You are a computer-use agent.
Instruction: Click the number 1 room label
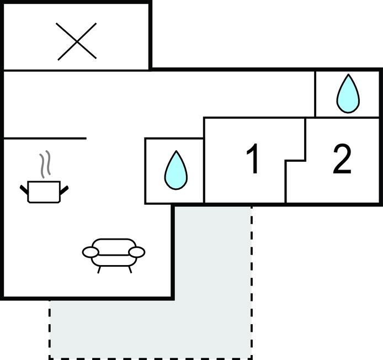253,160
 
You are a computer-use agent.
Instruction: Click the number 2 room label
342,160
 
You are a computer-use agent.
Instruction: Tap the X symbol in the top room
77,41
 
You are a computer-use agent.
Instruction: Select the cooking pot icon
44,191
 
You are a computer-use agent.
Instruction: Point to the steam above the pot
45,164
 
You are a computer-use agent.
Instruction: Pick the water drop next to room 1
175,170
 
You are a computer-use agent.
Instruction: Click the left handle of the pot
24,190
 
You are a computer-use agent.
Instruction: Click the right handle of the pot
64,190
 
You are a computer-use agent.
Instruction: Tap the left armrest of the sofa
91,252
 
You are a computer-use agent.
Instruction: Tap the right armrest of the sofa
137,252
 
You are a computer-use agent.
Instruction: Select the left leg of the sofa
99,269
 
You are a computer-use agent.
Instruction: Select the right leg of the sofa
130,269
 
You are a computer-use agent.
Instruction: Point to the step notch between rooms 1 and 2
296,160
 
